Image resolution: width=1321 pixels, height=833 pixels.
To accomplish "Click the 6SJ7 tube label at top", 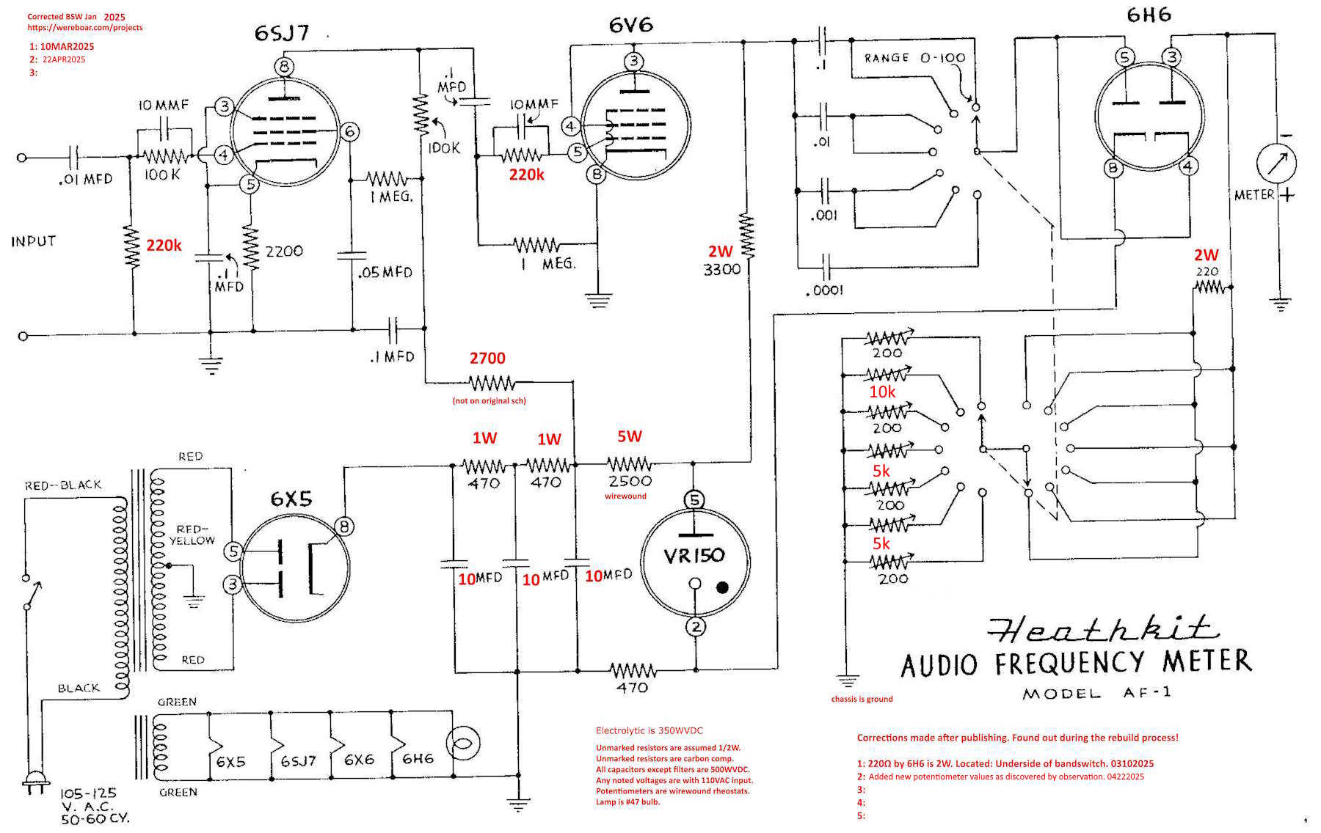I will pyautogui.click(x=282, y=34).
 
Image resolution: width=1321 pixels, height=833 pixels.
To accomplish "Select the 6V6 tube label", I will pyautogui.click(x=630, y=26).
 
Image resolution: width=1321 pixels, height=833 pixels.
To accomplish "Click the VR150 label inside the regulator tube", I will pyautogui.click(x=694, y=556).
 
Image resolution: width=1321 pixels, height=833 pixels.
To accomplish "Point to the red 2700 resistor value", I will pyautogui.click(x=487, y=359).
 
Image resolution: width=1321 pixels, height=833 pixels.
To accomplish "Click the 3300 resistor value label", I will pyautogui.click(x=722, y=270).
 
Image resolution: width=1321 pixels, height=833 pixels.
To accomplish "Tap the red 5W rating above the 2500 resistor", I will pyautogui.click(x=629, y=437).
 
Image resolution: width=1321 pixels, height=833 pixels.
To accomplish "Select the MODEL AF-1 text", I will pyautogui.click(x=1096, y=693).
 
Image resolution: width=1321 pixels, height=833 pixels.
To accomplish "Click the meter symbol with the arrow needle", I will pyautogui.click(x=1276, y=164).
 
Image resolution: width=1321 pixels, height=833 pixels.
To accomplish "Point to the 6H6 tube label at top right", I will pyautogui.click(x=1149, y=15).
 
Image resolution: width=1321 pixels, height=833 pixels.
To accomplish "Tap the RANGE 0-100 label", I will pyautogui.click(x=914, y=58).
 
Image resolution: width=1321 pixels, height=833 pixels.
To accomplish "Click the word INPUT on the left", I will pyautogui.click(x=33, y=241).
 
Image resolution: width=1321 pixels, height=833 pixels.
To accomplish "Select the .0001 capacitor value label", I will pyautogui.click(x=825, y=290).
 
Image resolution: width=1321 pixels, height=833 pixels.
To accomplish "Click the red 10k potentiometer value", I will pyautogui.click(x=882, y=392).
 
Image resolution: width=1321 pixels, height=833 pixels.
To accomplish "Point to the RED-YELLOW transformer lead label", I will pyautogui.click(x=192, y=535).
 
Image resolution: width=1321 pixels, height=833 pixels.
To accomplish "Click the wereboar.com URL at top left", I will pyautogui.click(x=85, y=28).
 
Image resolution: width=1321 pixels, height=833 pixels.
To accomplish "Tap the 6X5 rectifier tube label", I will pyautogui.click(x=291, y=499).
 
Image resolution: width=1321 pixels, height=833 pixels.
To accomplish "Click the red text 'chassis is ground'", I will pyautogui.click(x=862, y=699).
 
